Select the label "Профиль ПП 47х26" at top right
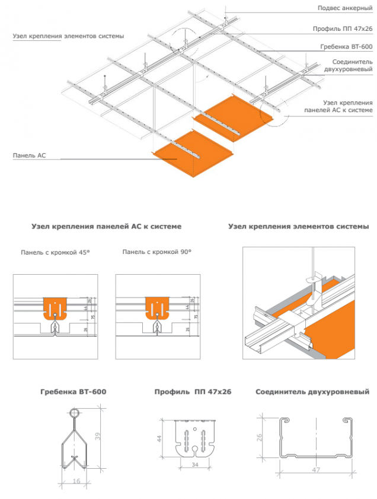click(x=343, y=28)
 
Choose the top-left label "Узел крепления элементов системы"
click(x=68, y=36)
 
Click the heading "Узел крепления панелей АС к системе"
click(x=106, y=227)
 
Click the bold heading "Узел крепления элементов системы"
click(x=299, y=227)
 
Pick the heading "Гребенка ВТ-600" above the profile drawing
click(x=74, y=392)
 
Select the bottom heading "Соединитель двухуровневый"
click(x=312, y=392)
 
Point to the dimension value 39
click(x=97, y=436)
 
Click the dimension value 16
click(x=76, y=481)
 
